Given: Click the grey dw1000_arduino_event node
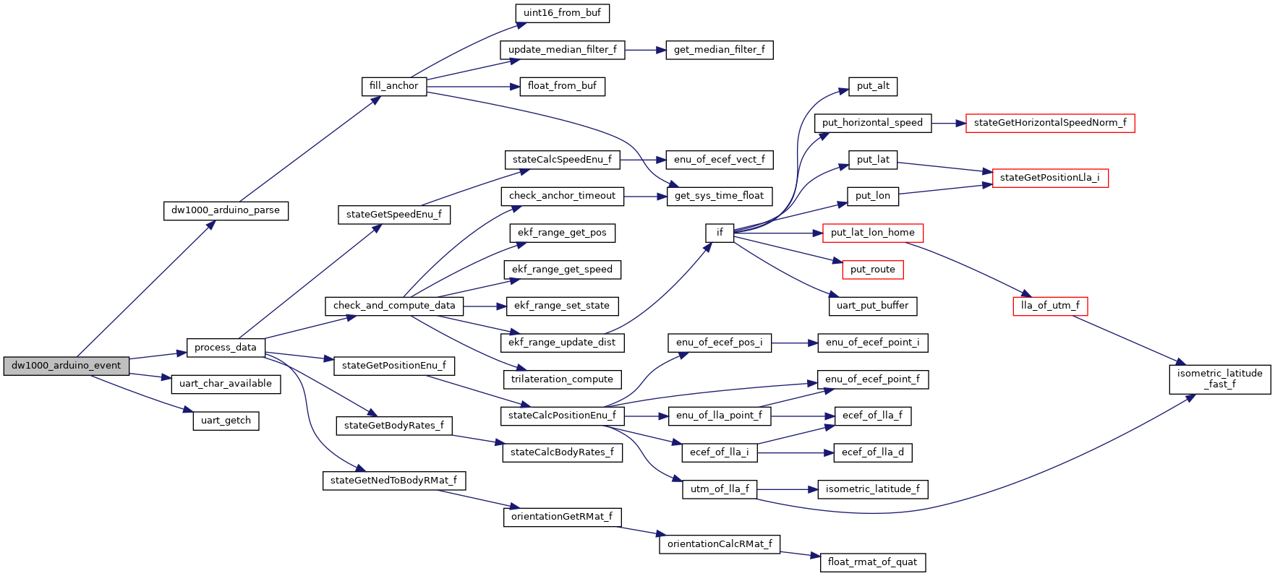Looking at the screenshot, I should point(66,366).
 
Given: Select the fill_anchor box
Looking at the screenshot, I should point(393,86).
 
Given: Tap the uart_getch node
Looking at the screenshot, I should point(226,421).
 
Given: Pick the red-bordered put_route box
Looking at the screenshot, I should point(872,270).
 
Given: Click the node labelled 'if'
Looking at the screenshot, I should point(719,233).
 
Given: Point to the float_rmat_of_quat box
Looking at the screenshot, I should point(872,562).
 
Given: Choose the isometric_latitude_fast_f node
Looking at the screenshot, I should point(1219,379).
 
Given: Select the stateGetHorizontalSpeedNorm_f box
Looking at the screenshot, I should point(1049,123).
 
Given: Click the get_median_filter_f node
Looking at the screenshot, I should point(719,50).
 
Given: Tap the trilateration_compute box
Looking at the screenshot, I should point(562,379).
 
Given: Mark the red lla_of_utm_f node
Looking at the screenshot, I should point(1049,306).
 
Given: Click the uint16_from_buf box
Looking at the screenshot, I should point(562,13).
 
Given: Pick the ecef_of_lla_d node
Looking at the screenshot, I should point(872,452).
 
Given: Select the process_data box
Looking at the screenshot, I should point(225,348).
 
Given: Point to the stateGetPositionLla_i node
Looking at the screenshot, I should point(1049,178).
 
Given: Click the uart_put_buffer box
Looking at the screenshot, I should point(872,306).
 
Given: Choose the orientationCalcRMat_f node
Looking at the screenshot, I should point(719,544).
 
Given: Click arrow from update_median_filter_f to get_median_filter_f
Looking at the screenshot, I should point(644,50).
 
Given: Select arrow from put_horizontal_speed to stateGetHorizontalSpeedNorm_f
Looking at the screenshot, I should point(948,123).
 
